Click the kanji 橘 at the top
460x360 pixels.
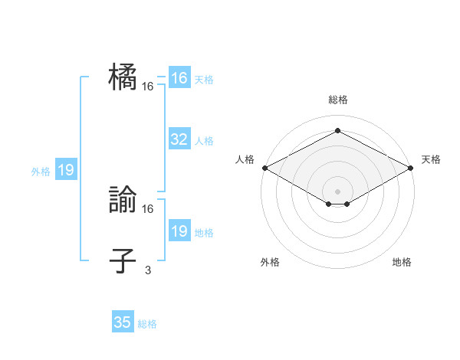(123, 78)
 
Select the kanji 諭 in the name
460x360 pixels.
(123, 201)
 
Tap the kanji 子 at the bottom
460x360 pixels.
(123, 260)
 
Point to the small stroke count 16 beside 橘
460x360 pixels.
(148, 87)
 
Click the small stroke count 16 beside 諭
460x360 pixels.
(148, 208)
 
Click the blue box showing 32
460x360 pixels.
(179, 139)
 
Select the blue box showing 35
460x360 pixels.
(123, 322)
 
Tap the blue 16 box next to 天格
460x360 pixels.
(179, 78)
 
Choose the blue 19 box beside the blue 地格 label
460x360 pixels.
(179, 231)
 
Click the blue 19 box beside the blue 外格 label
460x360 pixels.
(66, 170)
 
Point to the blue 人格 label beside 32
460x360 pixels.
(204, 140)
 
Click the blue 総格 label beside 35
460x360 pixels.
(147, 324)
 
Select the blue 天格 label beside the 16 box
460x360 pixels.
(204, 79)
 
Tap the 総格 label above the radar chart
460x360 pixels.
(337, 100)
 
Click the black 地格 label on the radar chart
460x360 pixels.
(402, 262)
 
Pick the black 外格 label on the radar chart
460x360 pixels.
(270, 262)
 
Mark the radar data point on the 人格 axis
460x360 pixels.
(264, 168)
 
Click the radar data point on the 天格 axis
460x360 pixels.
(411, 168)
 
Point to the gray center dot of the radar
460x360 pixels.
(337, 191)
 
